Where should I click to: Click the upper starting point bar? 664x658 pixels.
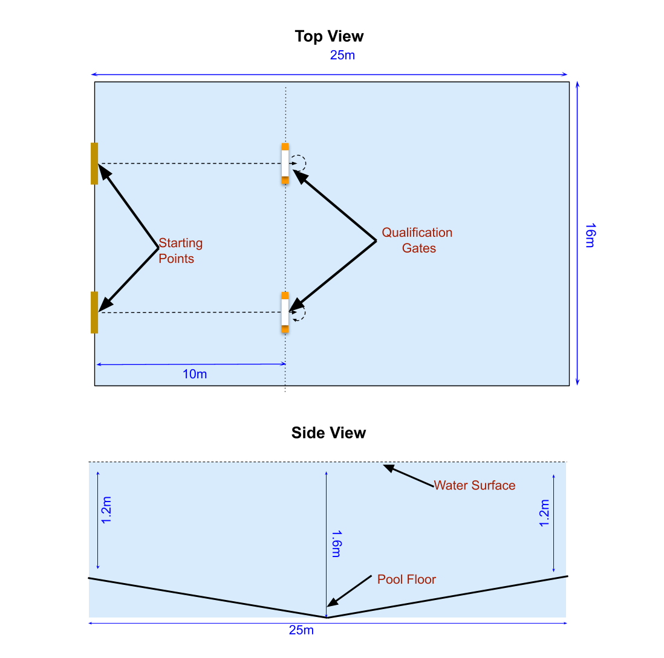click(x=94, y=163)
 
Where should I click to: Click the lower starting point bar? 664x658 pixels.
click(x=94, y=312)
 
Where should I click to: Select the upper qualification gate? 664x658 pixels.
click(x=285, y=163)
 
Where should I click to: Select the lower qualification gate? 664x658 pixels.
click(x=285, y=312)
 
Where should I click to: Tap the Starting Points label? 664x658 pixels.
click(x=180, y=251)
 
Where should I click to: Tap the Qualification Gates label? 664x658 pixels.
click(x=417, y=240)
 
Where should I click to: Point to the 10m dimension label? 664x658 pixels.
click(x=195, y=374)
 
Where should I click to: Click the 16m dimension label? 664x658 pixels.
click(x=590, y=235)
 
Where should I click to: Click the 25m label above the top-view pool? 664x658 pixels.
click(x=342, y=56)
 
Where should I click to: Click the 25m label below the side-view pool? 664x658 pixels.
click(x=301, y=630)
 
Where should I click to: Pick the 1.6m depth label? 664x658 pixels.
click(x=337, y=544)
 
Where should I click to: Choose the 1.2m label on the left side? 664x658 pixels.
click(x=107, y=511)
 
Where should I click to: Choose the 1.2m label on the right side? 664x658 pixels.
click(x=544, y=512)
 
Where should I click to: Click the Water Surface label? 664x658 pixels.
click(x=475, y=485)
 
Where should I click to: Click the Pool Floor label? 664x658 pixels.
click(x=406, y=579)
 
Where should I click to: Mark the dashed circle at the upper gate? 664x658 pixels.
click(x=298, y=163)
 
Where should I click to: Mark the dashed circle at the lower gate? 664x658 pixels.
click(x=298, y=312)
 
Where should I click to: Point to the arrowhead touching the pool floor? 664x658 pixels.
click(x=332, y=602)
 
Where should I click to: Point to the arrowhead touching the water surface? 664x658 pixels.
click(x=389, y=468)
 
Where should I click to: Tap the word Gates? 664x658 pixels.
click(x=419, y=248)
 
